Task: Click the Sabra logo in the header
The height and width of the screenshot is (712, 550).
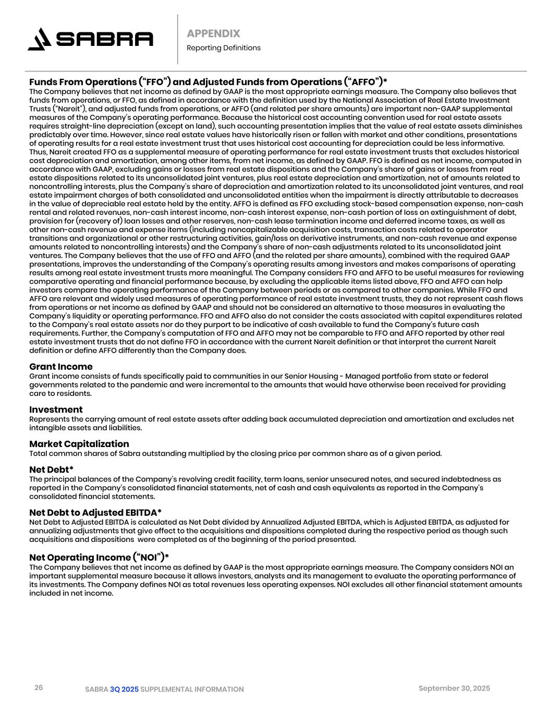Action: click(91, 39)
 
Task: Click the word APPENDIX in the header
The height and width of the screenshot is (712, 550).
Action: click(213, 33)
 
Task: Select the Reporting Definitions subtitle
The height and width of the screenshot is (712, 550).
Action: click(223, 48)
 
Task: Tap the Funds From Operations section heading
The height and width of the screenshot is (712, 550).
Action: click(208, 82)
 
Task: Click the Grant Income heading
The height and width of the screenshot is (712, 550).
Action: click(60, 367)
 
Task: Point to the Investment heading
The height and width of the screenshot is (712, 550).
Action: click(56, 409)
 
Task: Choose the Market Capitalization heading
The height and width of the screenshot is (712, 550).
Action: click(79, 444)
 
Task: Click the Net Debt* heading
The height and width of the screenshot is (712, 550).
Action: click(51, 469)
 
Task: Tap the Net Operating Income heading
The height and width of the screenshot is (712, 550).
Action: click(99, 557)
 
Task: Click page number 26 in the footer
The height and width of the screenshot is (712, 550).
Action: click(39, 687)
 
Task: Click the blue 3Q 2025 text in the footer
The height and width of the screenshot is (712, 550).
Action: click(124, 690)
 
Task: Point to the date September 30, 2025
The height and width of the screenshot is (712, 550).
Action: click(454, 689)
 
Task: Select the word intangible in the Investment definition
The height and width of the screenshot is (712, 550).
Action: click(47, 428)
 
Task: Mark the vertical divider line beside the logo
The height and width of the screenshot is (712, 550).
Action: click(177, 39)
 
